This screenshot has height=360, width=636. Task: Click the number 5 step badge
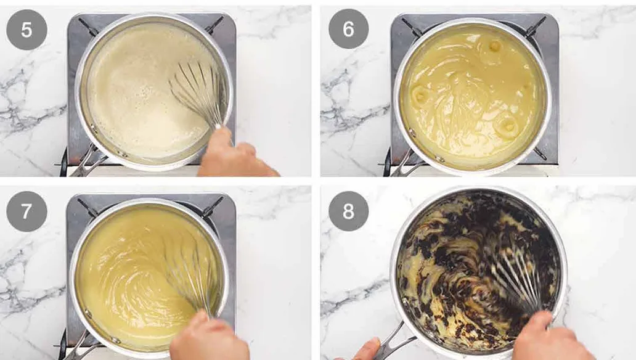(26, 30)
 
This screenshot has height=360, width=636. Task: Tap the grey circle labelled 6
(348, 29)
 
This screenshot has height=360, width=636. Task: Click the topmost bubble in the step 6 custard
(494, 46)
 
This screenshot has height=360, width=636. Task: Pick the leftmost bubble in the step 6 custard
(422, 94)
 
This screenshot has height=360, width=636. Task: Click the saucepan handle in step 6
(404, 165)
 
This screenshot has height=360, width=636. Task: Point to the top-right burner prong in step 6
(534, 27)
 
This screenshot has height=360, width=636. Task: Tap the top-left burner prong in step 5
(88, 27)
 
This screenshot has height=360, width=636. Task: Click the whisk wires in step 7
(188, 271)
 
